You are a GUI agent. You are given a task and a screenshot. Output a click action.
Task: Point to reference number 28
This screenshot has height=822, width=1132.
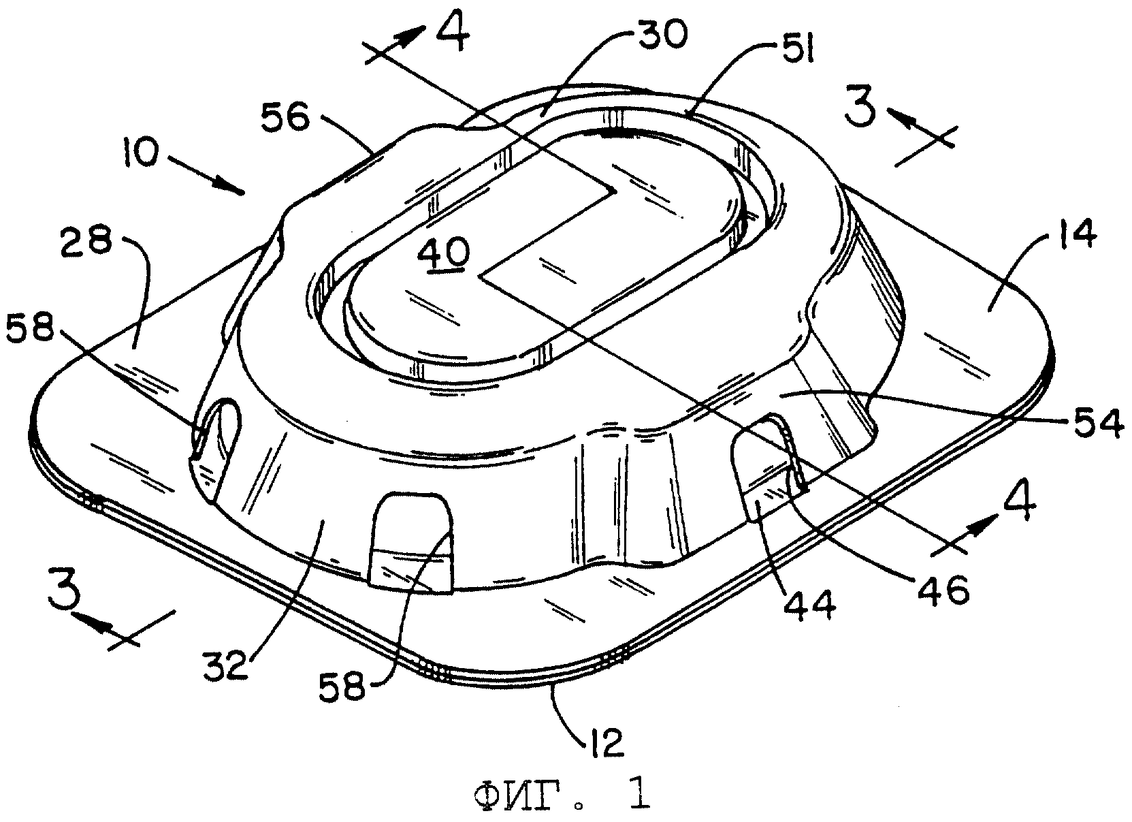[86, 240]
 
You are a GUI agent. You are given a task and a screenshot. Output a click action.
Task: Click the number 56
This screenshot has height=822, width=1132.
[285, 118]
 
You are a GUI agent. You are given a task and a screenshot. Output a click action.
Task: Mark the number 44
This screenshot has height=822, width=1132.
[809, 605]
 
